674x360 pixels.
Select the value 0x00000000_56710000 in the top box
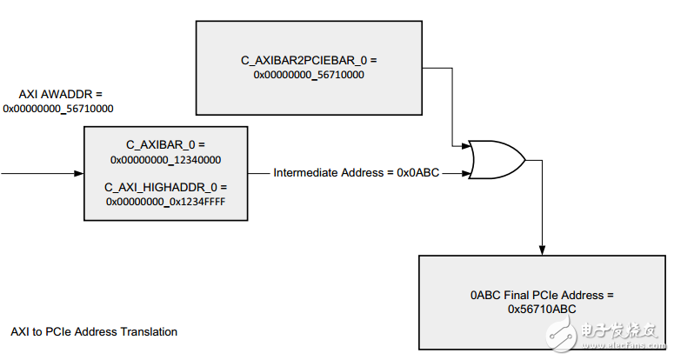[308, 76]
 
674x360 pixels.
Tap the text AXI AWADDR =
[60, 93]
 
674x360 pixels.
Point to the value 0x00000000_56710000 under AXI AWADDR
[59, 109]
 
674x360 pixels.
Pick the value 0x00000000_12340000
[164, 160]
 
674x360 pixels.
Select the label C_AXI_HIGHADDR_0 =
[164, 186]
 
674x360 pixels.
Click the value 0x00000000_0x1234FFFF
[165, 202]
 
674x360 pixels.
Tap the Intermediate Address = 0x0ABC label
[354, 172]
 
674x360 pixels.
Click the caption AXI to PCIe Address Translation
[94, 331]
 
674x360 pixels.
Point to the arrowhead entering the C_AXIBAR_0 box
[78, 172]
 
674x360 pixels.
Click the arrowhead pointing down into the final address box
[542, 250]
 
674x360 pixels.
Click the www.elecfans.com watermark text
[624, 347]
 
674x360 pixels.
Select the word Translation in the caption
[151, 331]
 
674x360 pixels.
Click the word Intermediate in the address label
[303, 172]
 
